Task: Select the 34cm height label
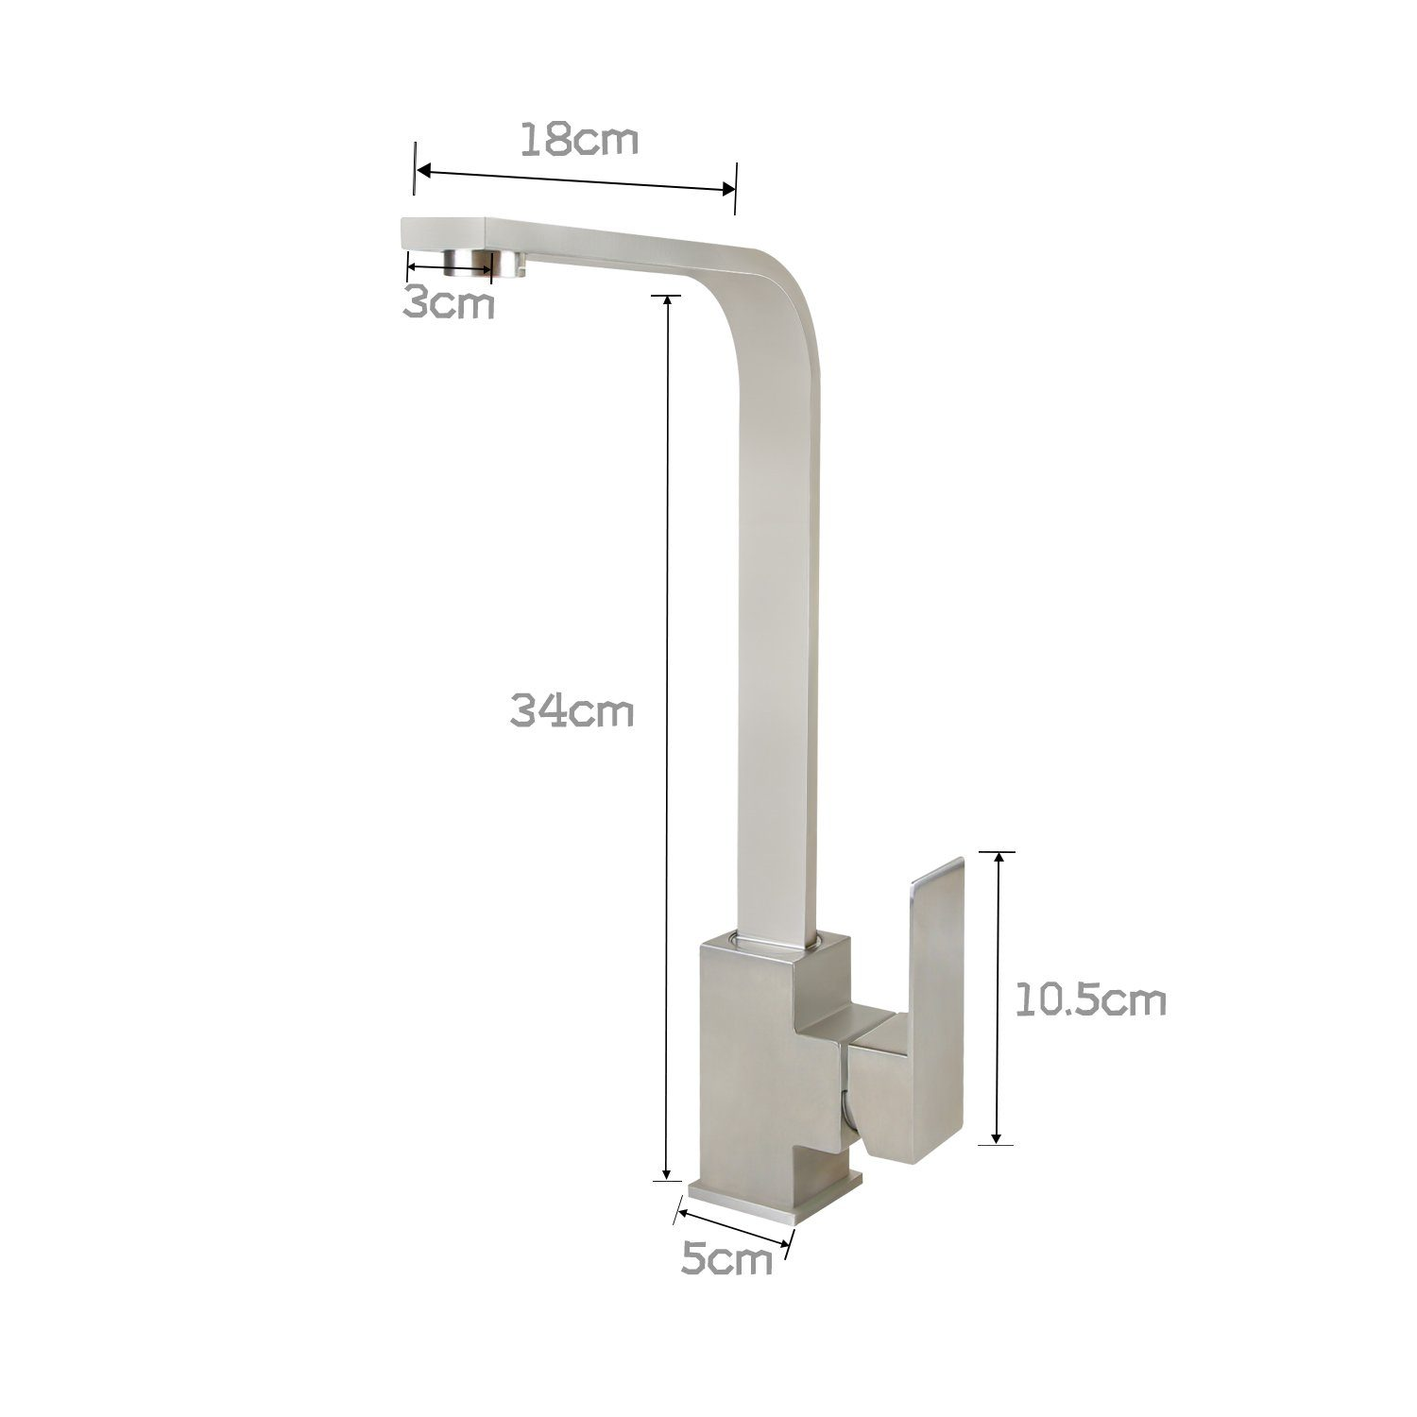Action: click(572, 709)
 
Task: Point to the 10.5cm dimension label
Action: click(1091, 1000)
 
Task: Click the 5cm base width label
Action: click(726, 1259)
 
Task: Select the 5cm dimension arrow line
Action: click(735, 1225)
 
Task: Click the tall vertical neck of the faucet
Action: click(777, 614)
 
